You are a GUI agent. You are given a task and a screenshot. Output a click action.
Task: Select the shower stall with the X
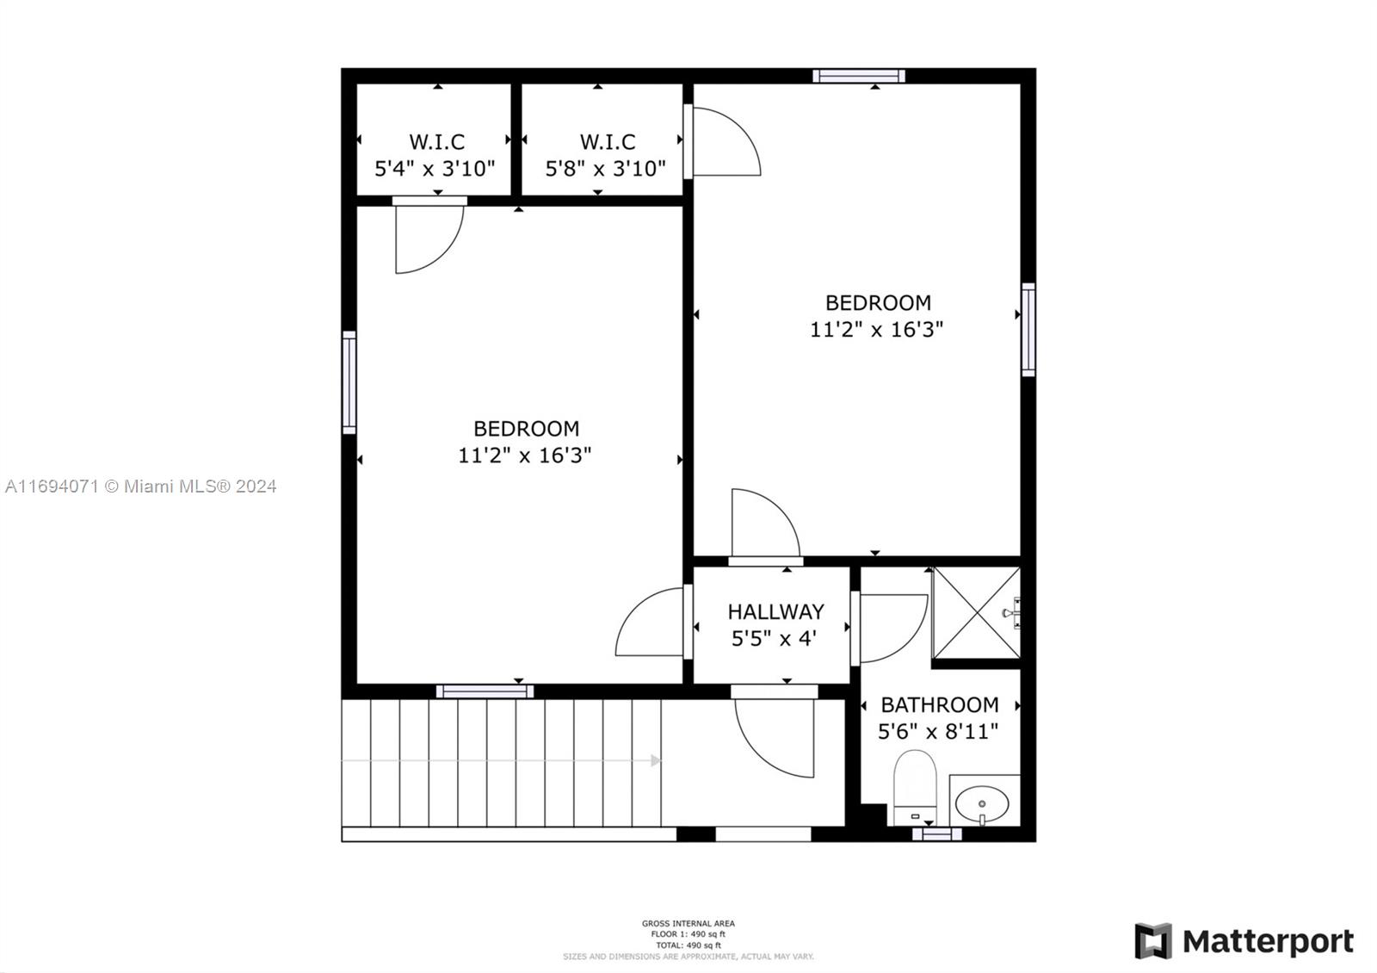tap(976, 612)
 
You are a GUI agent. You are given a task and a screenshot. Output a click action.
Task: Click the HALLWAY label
tap(775, 612)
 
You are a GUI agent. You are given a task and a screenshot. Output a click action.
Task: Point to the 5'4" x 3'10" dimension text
tap(435, 168)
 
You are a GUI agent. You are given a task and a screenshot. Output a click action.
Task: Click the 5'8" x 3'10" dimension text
tap(606, 168)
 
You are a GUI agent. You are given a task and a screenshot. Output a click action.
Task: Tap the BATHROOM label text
tap(939, 705)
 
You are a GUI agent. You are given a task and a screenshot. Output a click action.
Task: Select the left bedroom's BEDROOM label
tap(526, 428)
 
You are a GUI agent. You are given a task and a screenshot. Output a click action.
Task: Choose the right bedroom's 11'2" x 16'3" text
tap(877, 329)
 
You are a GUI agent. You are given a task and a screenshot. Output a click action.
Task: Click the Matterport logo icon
tap(1152, 940)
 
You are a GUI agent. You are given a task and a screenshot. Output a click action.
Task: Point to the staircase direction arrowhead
tap(656, 760)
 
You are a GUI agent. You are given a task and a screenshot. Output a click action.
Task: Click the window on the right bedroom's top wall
tap(859, 76)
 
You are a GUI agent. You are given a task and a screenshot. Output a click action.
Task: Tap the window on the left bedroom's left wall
tap(349, 381)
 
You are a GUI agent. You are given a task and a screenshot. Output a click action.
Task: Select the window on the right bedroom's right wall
tap(1028, 329)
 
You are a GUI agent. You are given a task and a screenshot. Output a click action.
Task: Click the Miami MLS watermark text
tap(141, 487)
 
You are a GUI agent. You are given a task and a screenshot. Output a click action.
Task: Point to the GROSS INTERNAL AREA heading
tap(688, 924)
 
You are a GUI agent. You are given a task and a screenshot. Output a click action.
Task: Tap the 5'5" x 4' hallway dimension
tap(773, 639)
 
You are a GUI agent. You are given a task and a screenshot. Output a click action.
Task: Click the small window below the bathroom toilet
tap(936, 834)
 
